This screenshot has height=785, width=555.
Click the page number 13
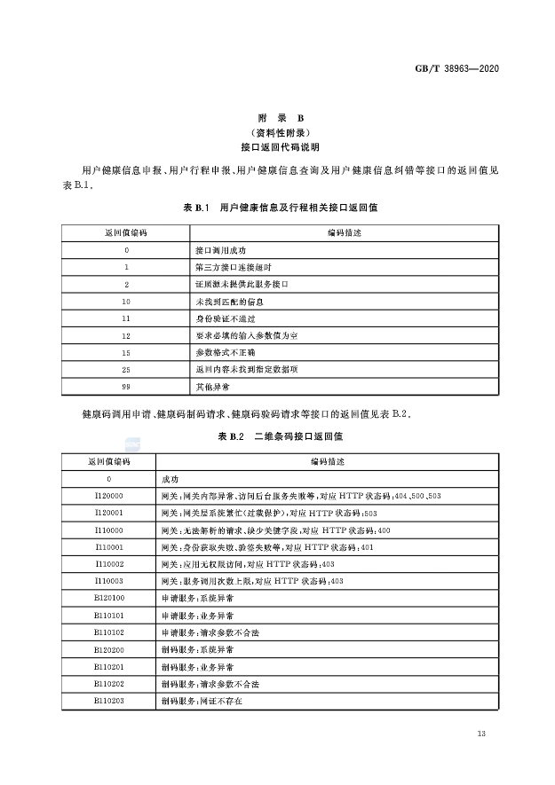pos(481,734)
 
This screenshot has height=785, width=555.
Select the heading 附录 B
pos(280,118)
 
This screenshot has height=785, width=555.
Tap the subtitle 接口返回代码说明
pos(280,146)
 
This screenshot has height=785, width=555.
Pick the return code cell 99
pos(127,388)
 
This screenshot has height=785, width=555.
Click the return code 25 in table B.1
pos(127,370)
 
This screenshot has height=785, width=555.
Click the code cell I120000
pos(109,497)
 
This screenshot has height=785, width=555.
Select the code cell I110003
pos(109,581)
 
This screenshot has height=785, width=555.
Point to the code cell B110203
pos(109,700)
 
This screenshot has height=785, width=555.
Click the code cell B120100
pos(109,598)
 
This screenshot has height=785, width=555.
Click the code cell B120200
pos(109,649)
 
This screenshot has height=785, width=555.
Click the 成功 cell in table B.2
pos(170,479)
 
